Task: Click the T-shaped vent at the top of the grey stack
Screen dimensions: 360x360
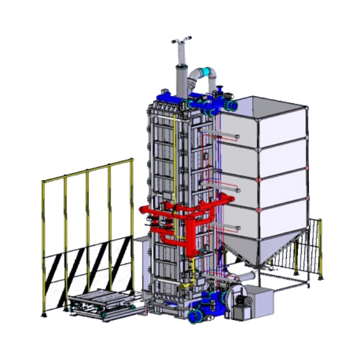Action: click(180, 42)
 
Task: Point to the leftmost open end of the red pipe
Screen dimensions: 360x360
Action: click(142, 210)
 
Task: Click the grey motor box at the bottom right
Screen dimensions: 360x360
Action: click(259, 300)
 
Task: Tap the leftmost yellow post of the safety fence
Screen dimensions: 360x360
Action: click(43, 246)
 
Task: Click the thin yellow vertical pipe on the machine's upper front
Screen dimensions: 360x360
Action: click(175, 156)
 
